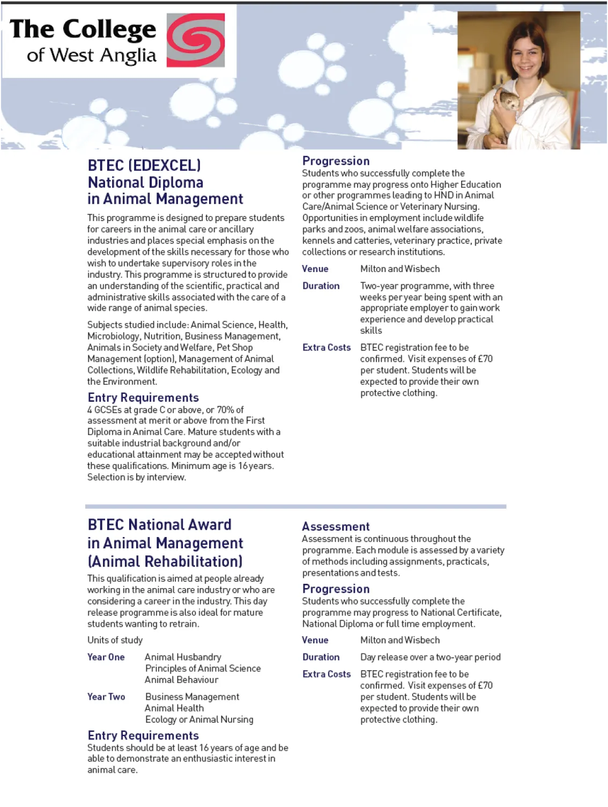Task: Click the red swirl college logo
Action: click(x=196, y=40)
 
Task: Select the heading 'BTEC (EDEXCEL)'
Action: click(x=144, y=165)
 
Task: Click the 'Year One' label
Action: click(x=106, y=657)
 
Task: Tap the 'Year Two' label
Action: click(x=106, y=697)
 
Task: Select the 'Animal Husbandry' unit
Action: click(x=183, y=657)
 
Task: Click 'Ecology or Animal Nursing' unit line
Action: click(x=199, y=720)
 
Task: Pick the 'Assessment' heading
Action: click(x=336, y=526)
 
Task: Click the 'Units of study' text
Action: click(x=115, y=640)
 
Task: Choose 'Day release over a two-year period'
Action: click(x=430, y=657)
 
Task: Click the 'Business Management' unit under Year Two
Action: click(x=192, y=697)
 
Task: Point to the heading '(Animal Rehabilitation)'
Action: click(x=165, y=562)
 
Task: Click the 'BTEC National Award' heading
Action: click(x=159, y=525)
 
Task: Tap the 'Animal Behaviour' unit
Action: click(x=182, y=680)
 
